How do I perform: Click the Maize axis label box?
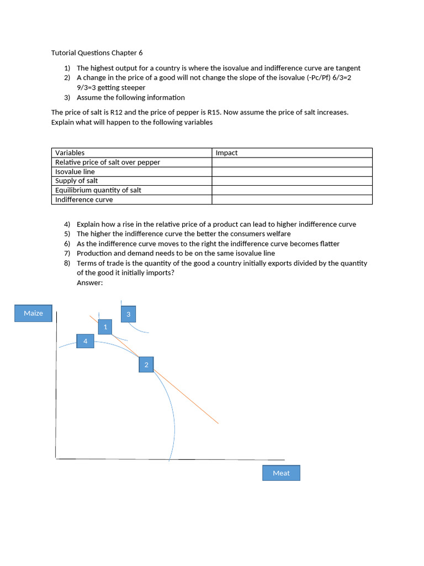click(33, 313)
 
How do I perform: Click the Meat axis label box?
click(281, 473)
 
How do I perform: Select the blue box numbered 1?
click(105, 327)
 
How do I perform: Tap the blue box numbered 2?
click(146, 365)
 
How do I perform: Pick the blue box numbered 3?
click(128, 314)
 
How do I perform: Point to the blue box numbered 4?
click(85, 341)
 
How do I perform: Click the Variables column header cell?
click(70, 153)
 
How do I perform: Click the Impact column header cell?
click(226, 153)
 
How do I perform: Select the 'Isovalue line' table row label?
click(75, 171)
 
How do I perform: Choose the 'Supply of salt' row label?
click(77, 181)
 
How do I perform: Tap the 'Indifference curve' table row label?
click(84, 200)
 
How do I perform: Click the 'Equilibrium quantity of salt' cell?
click(98, 190)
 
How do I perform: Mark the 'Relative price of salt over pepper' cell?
click(108, 162)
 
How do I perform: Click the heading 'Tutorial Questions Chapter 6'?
click(97, 53)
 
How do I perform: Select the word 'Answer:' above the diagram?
click(90, 282)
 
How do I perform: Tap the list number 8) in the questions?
click(67, 263)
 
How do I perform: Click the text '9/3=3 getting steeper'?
click(111, 87)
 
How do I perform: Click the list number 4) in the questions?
click(67, 224)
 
